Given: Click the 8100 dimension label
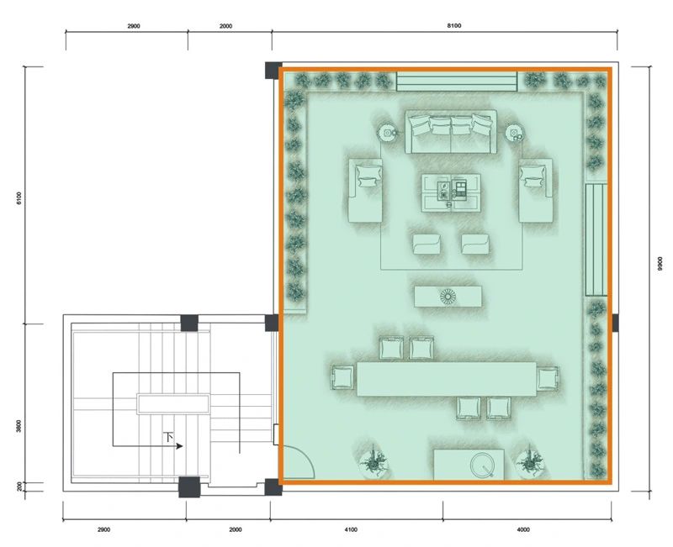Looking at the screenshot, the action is (454, 26).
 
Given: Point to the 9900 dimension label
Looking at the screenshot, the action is (660, 263).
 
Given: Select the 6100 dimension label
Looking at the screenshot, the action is (19, 198).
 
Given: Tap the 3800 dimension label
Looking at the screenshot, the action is (19, 426).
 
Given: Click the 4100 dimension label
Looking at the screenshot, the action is (351, 529).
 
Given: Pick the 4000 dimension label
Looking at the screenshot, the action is (523, 529).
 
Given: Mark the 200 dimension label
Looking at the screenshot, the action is (19, 487).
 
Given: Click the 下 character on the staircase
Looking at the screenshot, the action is (169, 437).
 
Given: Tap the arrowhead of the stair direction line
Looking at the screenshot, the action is (180, 446).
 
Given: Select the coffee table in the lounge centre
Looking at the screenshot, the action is (451, 192).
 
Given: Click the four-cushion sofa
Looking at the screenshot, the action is (451, 132).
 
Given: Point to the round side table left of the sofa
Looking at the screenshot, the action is (388, 133).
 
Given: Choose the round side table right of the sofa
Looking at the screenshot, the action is (514, 133).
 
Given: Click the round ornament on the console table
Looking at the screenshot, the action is (448, 297).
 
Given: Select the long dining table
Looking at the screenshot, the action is (447, 379).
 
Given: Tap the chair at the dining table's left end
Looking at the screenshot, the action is (342, 377).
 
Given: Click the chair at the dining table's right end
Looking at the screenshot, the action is (548, 379).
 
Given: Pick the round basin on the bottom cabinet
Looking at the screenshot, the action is (482, 465).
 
